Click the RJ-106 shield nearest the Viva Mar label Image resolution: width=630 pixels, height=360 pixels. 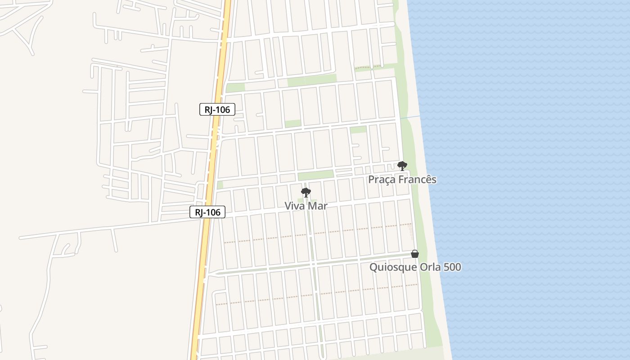pyautogui.click(x=207, y=212)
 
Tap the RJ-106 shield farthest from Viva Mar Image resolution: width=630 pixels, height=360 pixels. pyautogui.click(x=217, y=109)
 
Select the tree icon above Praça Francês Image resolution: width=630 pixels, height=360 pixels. pyautogui.click(x=402, y=166)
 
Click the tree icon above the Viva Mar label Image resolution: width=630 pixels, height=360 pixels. pyautogui.click(x=306, y=193)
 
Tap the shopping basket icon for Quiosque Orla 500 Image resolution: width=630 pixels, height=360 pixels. pyautogui.click(x=415, y=254)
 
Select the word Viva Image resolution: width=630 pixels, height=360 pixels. pyautogui.click(x=294, y=206)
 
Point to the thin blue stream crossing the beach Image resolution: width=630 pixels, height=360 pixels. pyautogui.click(x=410, y=117)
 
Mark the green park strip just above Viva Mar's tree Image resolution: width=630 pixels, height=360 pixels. pyautogui.click(x=315, y=175)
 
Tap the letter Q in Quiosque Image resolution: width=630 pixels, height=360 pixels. pyautogui.click(x=373, y=267)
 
